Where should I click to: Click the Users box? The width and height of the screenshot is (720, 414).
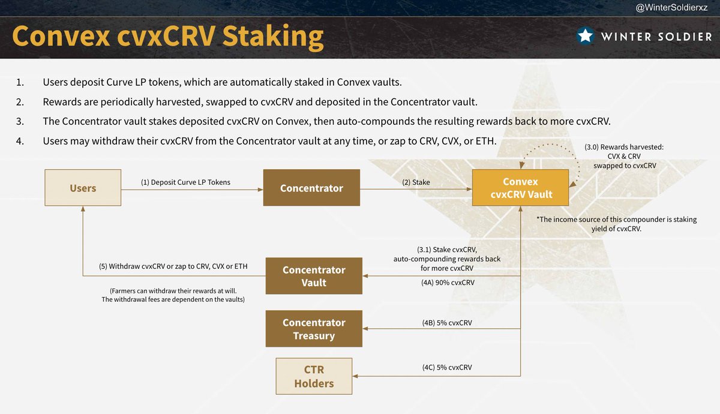coord(83,188)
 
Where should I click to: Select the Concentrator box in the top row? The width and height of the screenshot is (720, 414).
coord(311,188)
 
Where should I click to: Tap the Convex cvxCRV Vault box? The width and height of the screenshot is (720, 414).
coord(520,188)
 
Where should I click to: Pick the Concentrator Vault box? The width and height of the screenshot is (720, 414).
coord(314,276)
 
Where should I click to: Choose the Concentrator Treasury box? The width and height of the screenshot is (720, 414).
coord(314,329)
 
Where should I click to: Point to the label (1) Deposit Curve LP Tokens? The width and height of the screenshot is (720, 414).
coord(176,182)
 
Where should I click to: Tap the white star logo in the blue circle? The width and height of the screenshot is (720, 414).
coord(586,36)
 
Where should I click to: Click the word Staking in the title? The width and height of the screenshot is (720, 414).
coord(273,36)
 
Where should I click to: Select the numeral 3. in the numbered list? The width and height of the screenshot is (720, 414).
coord(20,121)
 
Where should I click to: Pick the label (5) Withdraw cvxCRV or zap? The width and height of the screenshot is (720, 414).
coord(173,266)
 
